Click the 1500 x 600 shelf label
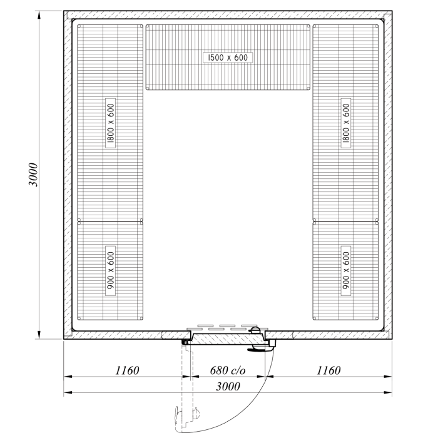coord(227,58)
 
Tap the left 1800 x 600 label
coord(110,124)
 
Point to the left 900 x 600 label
coord(110,271)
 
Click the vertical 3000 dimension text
coord(34,175)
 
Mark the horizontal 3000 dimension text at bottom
coord(227,387)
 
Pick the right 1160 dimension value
coord(328,370)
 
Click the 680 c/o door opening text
coord(228,370)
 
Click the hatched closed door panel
coord(229,338)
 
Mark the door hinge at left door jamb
coord(186,342)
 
